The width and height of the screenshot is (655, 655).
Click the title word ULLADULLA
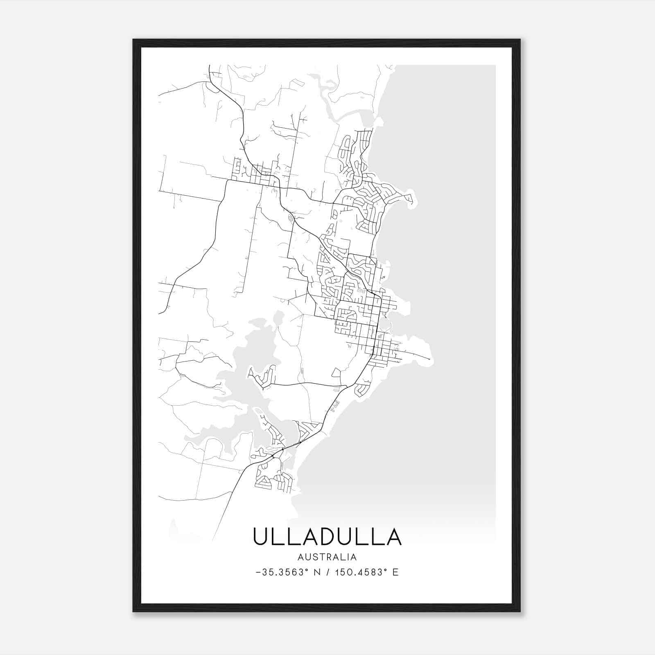[327, 537]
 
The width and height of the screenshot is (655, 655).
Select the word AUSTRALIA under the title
[327, 557]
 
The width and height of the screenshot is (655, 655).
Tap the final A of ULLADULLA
[393, 537]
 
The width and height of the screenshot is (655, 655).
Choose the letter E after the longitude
[395, 572]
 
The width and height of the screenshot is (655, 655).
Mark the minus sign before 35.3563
[257, 573]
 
